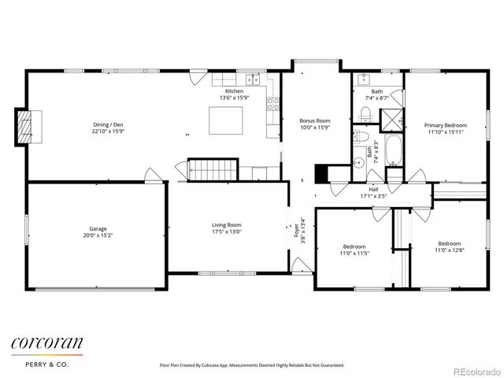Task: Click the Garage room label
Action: tap(97, 230)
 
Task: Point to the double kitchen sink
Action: tap(252, 79)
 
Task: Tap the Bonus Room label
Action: tap(315, 121)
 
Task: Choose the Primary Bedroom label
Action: tap(446, 125)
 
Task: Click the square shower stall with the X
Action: tap(391, 119)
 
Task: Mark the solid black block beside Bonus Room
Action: tap(321, 173)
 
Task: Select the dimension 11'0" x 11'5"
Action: tap(354, 254)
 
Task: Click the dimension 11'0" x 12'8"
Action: tap(449, 250)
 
